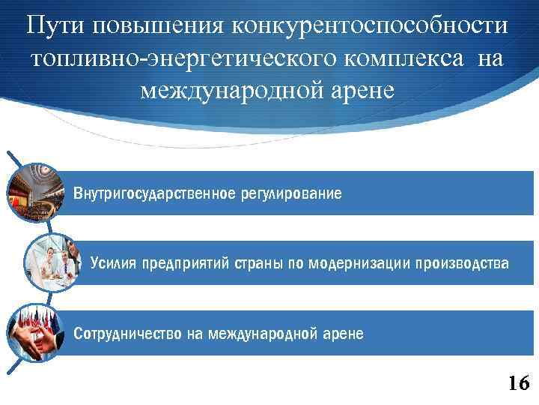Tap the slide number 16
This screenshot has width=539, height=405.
[x=517, y=383]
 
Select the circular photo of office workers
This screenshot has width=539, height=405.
[x=52, y=262]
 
